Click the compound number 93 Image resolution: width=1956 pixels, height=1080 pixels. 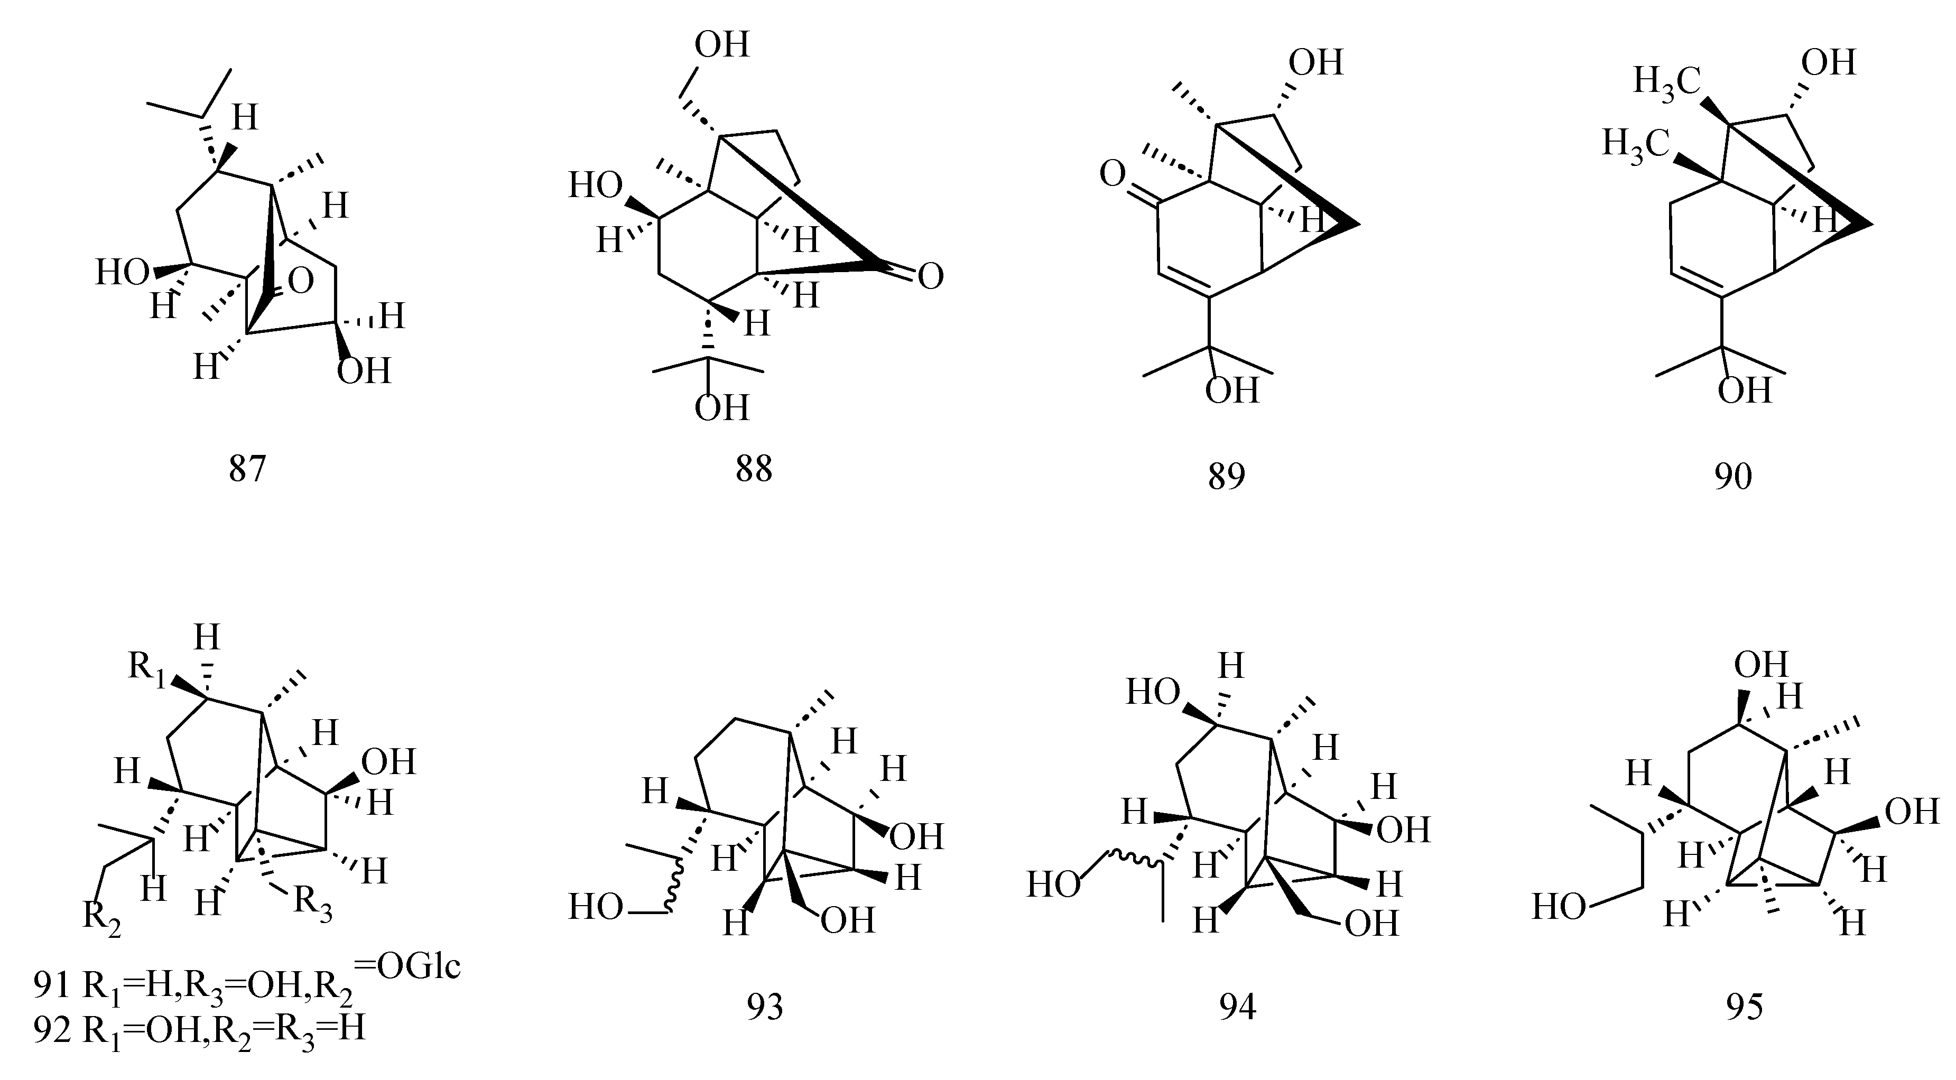click(765, 1007)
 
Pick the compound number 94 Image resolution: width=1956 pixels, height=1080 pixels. click(1238, 1007)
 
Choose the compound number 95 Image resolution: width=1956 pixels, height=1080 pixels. click(1744, 1007)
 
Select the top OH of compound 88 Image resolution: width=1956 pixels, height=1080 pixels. click(722, 45)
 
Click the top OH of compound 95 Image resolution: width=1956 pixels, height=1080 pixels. click(1762, 665)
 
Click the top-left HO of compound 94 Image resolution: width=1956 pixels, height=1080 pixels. click(1153, 692)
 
